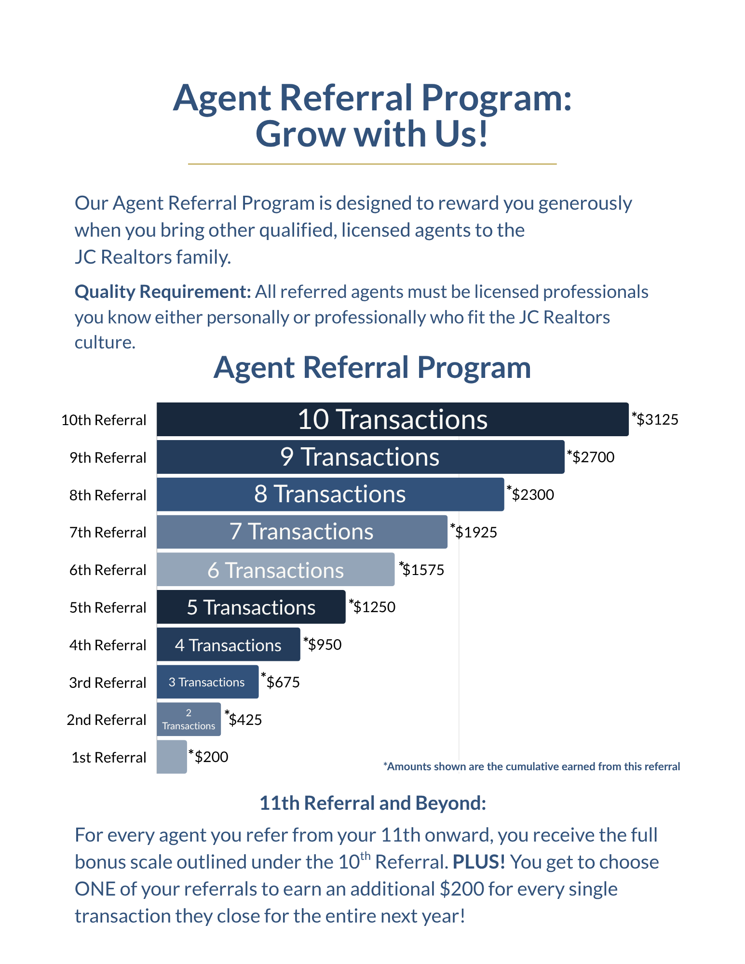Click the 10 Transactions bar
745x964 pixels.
coord(393,419)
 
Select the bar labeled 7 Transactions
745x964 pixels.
coord(302,532)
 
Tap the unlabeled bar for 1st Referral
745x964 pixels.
coord(172,757)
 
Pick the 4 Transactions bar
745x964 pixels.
coord(228,644)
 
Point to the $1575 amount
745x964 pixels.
coord(423,570)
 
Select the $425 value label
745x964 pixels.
coord(245,720)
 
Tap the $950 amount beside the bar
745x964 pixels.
coord(324,644)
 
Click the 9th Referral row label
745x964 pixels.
coord(108,457)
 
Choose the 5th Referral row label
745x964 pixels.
coord(108,607)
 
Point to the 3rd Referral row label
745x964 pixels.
coord(108,683)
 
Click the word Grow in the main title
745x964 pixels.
coord(301,134)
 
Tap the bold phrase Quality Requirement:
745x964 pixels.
coord(163,292)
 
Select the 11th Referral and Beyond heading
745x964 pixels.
coord(372,803)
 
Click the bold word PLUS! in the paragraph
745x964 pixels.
coord(478,862)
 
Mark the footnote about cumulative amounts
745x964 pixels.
coord(531,766)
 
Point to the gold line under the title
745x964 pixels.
coord(372,164)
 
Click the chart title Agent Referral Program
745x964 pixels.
coord(372,367)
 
